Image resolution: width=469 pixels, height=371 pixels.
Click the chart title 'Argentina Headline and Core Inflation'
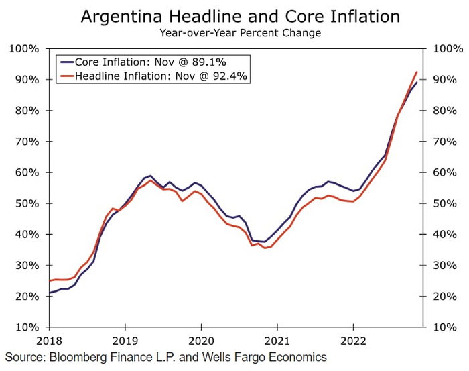coord(240,16)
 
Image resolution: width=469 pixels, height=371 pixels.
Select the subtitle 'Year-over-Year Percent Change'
coord(240,32)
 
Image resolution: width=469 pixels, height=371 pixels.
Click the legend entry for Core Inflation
coord(153,61)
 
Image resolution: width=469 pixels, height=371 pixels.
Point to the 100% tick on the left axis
coord(25,48)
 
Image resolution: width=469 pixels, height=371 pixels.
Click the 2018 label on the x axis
coord(49,340)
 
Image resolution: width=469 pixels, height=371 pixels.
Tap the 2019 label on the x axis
coord(125,340)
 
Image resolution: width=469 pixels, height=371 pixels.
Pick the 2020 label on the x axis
coord(201,340)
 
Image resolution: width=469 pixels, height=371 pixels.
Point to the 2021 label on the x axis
coord(277,340)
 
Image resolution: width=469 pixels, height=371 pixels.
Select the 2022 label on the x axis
coord(353,340)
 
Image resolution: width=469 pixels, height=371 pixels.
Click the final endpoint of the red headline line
coord(417,72)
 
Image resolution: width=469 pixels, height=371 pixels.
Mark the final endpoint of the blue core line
coord(417,83)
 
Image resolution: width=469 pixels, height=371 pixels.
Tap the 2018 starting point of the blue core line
coord(50,293)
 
